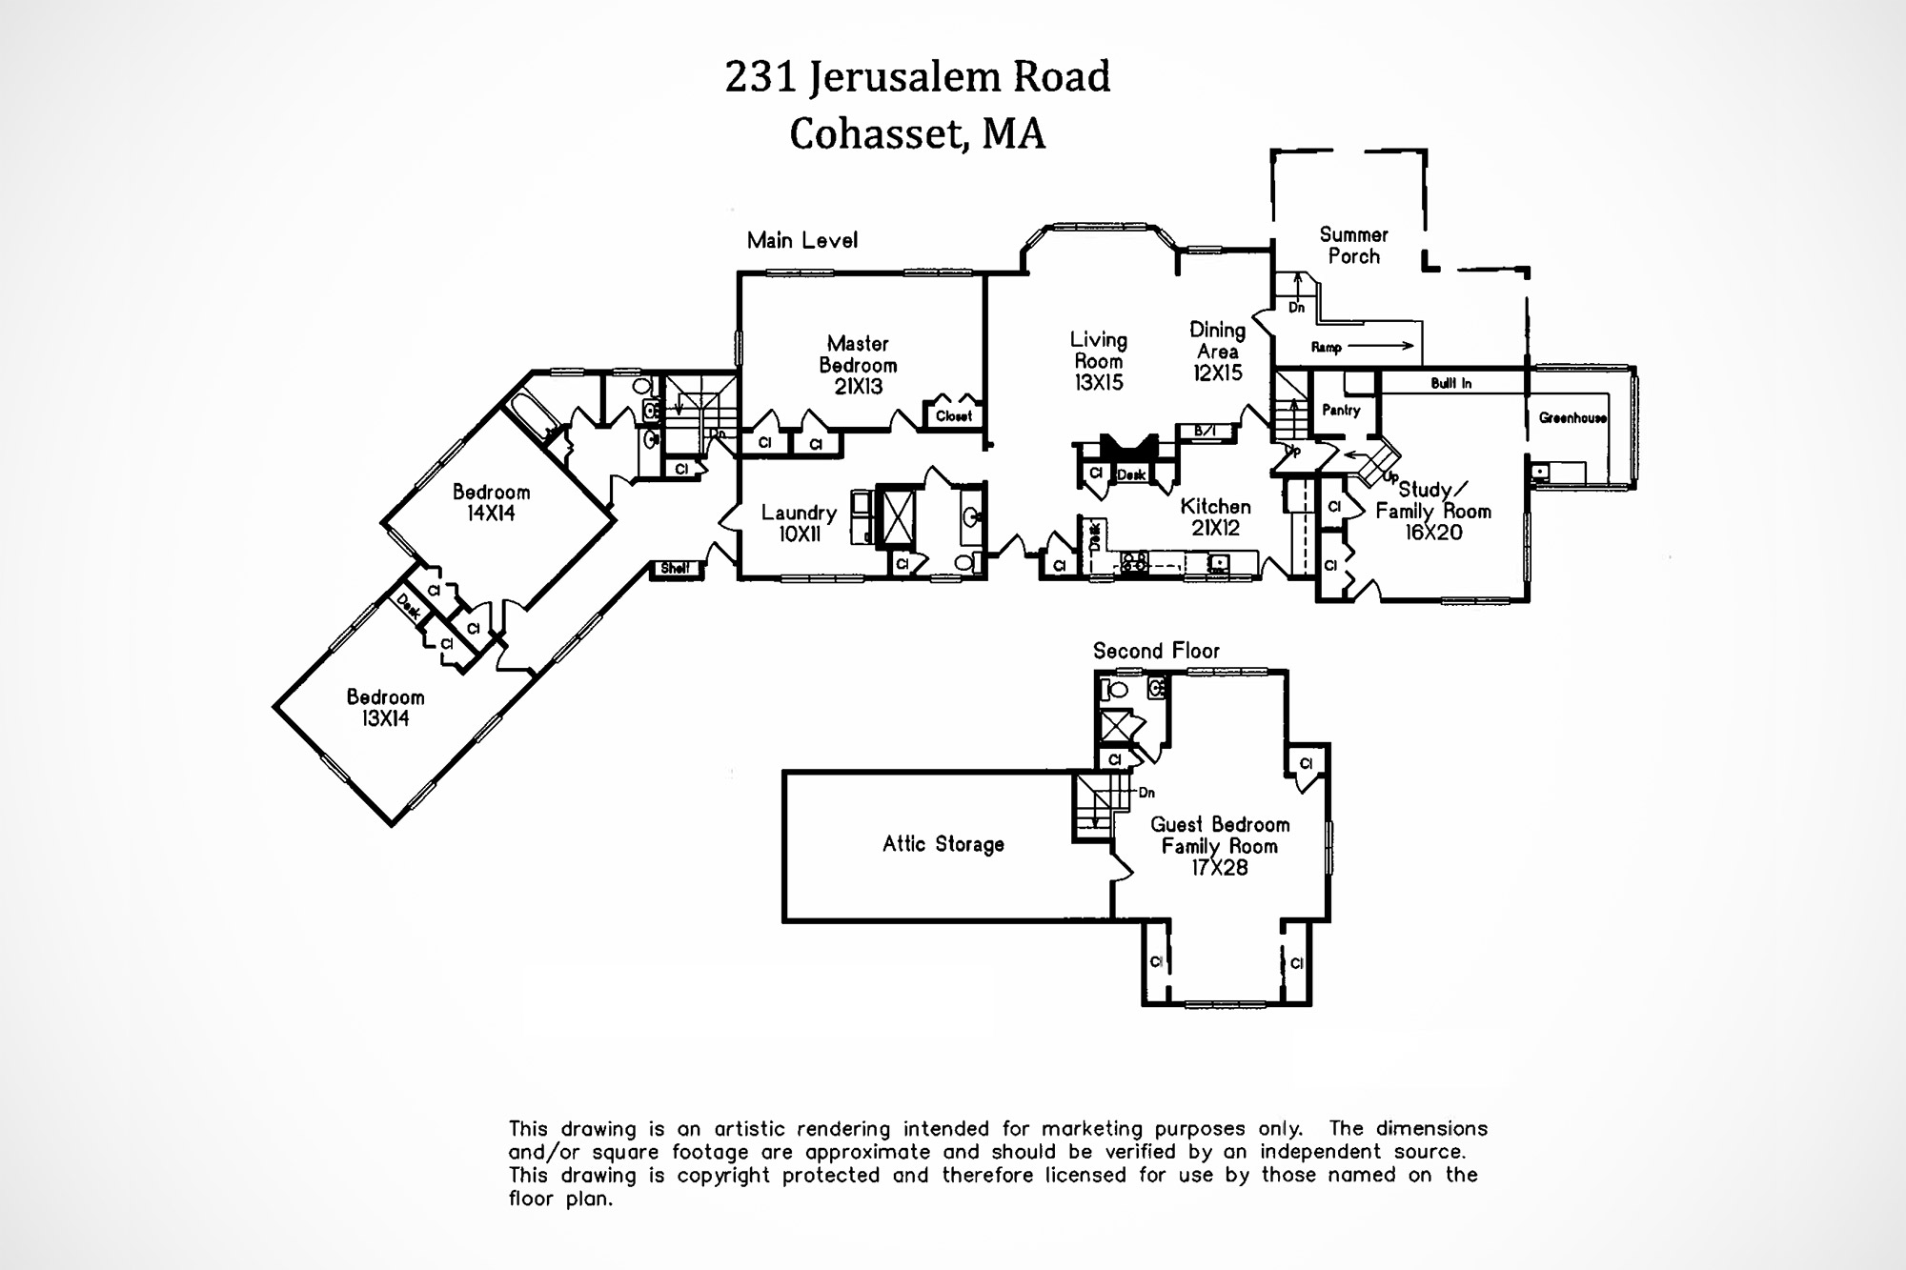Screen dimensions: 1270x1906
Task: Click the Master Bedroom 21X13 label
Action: pyautogui.click(x=857, y=365)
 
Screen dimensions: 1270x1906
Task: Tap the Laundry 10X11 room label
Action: pyautogui.click(x=799, y=523)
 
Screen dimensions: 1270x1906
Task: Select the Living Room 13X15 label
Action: pyautogui.click(x=1098, y=361)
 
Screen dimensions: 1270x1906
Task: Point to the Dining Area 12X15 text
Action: pyautogui.click(x=1217, y=352)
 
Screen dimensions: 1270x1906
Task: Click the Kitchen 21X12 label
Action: pyautogui.click(x=1215, y=516)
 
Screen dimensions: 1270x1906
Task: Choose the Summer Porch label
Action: pyautogui.click(x=1353, y=245)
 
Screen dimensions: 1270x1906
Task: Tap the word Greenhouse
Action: pyautogui.click(x=1572, y=418)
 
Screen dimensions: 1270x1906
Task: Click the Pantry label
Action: pyautogui.click(x=1341, y=410)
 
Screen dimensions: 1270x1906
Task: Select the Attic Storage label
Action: pyautogui.click(x=943, y=844)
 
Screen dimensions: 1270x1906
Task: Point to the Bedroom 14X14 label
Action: pyautogui.click(x=491, y=502)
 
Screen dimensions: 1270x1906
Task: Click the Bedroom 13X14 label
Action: pyautogui.click(x=385, y=708)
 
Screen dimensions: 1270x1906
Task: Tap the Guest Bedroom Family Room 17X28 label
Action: pyautogui.click(x=1219, y=846)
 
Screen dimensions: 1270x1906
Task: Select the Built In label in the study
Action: pyautogui.click(x=1450, y=383)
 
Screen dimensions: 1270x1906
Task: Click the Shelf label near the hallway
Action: pyautogui.click(x=675, y=569)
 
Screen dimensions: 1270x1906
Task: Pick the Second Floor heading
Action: pyautogui.click(x=1155, y=651)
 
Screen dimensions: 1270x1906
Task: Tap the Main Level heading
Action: pyautogui.click(x=801, y=240)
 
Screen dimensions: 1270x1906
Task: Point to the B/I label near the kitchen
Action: pyautogui.click(x=1205, y=432)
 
